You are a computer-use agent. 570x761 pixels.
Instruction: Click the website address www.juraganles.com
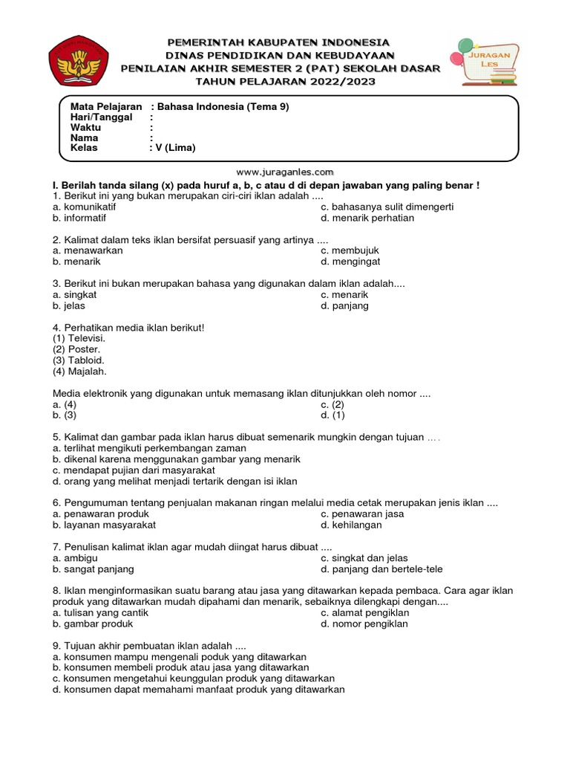(284, 171)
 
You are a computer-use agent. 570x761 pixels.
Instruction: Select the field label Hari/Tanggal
(101, 117)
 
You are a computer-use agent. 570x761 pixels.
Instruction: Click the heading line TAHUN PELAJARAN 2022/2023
(281, 81)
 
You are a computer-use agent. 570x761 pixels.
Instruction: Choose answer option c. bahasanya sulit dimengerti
(387, 207)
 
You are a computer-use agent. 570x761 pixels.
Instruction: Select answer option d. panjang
(344, 305)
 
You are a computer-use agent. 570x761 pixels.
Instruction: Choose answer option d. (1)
(332, 415)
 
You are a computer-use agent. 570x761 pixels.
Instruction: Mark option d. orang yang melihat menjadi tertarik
(174, 481)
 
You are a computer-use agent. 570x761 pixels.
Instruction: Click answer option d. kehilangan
(351, 525)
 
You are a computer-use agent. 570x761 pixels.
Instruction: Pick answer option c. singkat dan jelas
(364, 558)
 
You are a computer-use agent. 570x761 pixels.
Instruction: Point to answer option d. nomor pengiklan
(364, 624)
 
